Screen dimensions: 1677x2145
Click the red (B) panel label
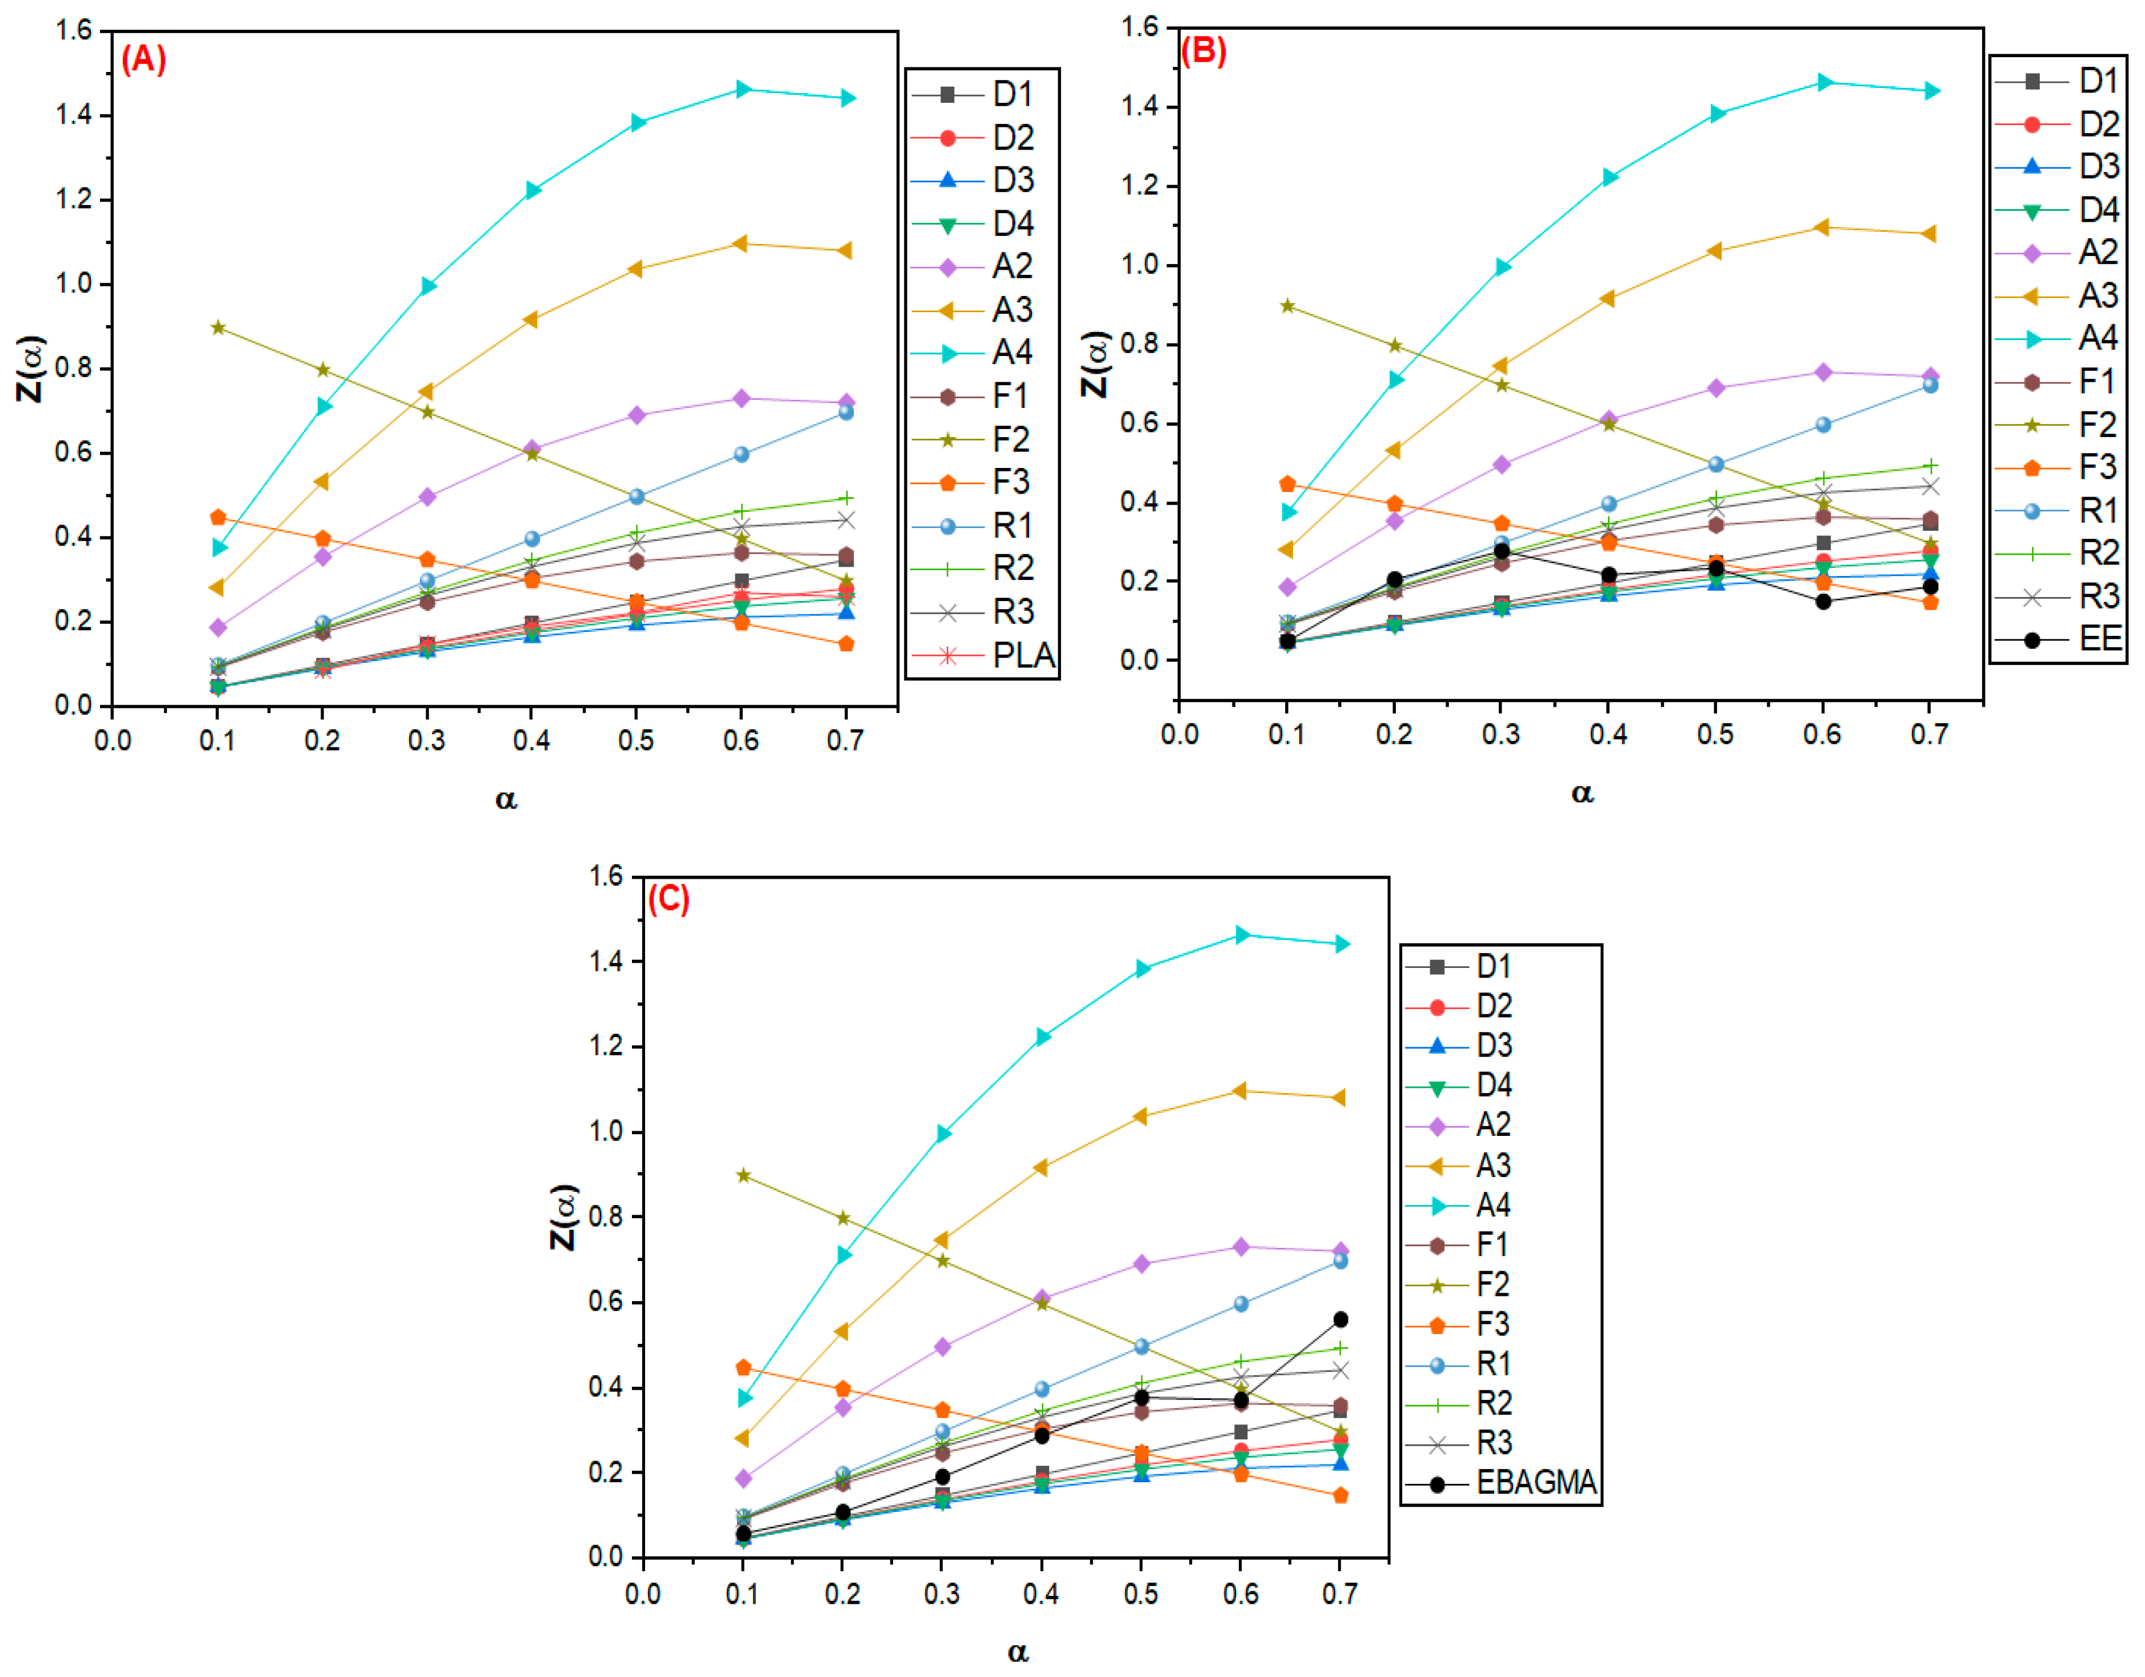point(1203,50)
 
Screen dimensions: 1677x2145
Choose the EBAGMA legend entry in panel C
point(1503,1483)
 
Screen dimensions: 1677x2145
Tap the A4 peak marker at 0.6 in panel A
point(742,89)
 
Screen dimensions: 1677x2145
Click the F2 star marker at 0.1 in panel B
point(1287,306)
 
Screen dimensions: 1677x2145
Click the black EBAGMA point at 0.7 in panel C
point(1340,1320)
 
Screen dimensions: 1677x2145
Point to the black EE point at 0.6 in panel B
point(1823,602)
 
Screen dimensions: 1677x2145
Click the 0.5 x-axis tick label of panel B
point(1715,734)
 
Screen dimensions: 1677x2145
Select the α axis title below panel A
point(506,799)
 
